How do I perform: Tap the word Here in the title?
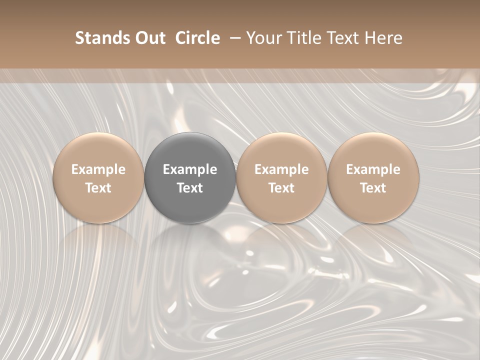coord(384,38)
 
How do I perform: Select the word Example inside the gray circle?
coord(190,169)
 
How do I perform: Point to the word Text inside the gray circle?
coord(190,188)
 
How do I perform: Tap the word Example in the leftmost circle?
coord(98,169)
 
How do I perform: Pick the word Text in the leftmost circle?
coord(98,188)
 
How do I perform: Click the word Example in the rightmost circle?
coord(373,169)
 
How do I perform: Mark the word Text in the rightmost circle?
coord(373,188)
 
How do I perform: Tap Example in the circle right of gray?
coord(281,169)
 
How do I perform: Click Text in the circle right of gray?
coord(281,188)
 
